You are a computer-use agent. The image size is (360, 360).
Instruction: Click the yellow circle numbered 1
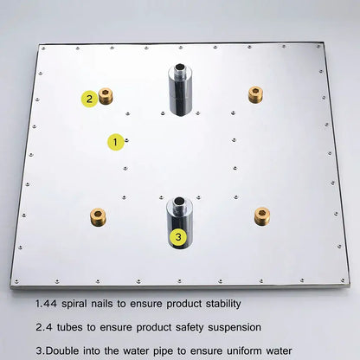tap(115, 142)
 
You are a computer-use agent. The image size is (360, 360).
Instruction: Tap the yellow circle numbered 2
tap(89, 99)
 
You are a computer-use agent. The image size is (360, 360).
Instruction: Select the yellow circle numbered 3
tap(178, 237)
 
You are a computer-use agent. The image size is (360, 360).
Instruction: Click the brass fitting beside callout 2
tap(106, 96)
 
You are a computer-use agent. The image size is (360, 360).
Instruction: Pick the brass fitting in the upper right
tap(255, 94)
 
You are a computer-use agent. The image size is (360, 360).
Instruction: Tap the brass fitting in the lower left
tap(98, 217)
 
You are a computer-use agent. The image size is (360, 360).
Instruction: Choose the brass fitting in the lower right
tap(262, 216)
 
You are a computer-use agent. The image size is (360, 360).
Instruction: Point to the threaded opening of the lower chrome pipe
tap(179, 200)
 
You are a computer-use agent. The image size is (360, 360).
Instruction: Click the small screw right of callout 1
tap(127, 140)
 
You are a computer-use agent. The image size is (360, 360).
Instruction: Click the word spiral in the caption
tap(74, 305)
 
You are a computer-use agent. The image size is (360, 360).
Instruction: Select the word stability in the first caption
tap(223, 304)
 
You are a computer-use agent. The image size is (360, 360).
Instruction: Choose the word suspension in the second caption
tap(235, 328)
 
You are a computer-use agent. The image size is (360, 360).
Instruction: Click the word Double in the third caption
tap(62, 351)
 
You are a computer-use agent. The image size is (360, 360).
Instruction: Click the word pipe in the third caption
tap(164, 351)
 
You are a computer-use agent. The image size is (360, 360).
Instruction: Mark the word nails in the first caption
tap(102, 304)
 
